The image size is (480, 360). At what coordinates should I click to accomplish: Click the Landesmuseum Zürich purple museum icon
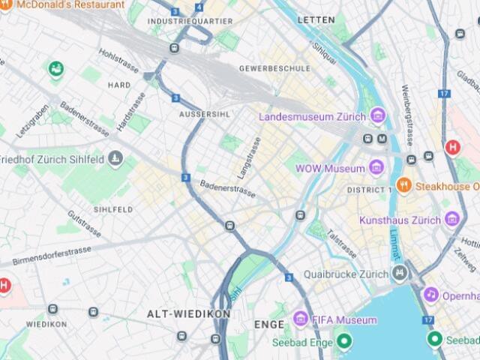[378, 116]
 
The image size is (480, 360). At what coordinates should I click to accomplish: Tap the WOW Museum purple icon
[378, 168]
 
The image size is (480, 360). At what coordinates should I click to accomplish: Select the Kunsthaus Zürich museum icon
[451, 220]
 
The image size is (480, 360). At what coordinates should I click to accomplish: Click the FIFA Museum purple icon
[301, 319]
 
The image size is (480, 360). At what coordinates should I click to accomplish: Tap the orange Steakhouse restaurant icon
[403, 185]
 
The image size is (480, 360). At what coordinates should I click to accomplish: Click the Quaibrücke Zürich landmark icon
[400, 274]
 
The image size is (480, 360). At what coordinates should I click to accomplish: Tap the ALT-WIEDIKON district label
[178, 313]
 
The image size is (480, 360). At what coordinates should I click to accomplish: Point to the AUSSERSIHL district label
[204, 114]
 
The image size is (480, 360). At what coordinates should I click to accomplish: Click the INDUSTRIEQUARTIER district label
[190, 21]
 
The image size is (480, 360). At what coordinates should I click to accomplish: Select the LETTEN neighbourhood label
[315, 19]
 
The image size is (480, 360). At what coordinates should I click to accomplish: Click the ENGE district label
[269, 325]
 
